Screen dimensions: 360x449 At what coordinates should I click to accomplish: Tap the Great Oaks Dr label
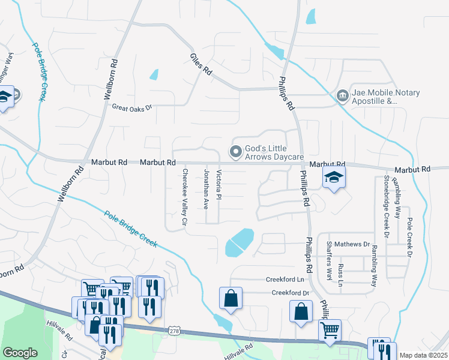pyautogui.click(x=133, y=107)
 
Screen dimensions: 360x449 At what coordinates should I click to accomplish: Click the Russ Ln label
pyautogui.click(x=341, y=274)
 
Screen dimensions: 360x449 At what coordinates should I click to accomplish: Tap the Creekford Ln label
pyautogui.click(x=285, y=280)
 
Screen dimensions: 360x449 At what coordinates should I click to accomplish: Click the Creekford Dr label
pyautogui.click(x=290, y=293)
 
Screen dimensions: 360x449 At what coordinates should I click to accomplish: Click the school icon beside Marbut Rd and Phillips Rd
pyautogui.click(x=334, y=177)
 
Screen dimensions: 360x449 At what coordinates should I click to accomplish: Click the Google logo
pyautogui.click(x=20, y=353)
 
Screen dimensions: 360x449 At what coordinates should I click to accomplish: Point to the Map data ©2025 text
pyautogui.click(x=423, y=355)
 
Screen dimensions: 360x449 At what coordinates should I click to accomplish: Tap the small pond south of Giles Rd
pyautogui.click(x=154, y=75)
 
